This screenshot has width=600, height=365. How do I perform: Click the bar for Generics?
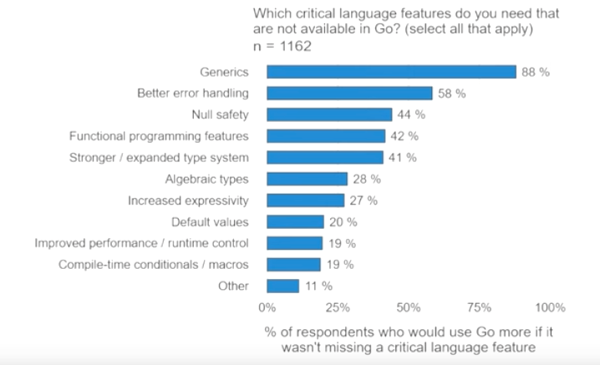(x=391, y=72)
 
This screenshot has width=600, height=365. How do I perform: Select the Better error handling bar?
(x=349, y=93)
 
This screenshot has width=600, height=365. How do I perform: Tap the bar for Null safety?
(x=329, y=114)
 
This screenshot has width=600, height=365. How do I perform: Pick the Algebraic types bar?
(x=307, y=179)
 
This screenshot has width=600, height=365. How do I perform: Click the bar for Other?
(x=282, y=286)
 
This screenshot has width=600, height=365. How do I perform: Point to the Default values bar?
(x=295, y=221)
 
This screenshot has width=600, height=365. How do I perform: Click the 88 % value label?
(x=535, y=72)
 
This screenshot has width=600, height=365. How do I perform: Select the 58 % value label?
(x=451, y=93)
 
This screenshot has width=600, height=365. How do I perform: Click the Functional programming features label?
(x=159, y=135)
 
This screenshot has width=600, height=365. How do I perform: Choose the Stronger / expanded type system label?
(x=159, y=157)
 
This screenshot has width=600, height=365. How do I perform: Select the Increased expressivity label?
(x=188, y=200)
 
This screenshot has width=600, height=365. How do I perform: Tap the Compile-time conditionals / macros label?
(x=153, y=265)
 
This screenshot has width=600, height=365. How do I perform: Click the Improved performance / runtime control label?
(x=141, y=243)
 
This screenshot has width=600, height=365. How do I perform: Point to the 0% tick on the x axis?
(x=267, y=307)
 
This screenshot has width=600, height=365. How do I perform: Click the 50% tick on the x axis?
(x=409, y=307)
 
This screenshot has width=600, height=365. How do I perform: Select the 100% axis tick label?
(x=549, y=307)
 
